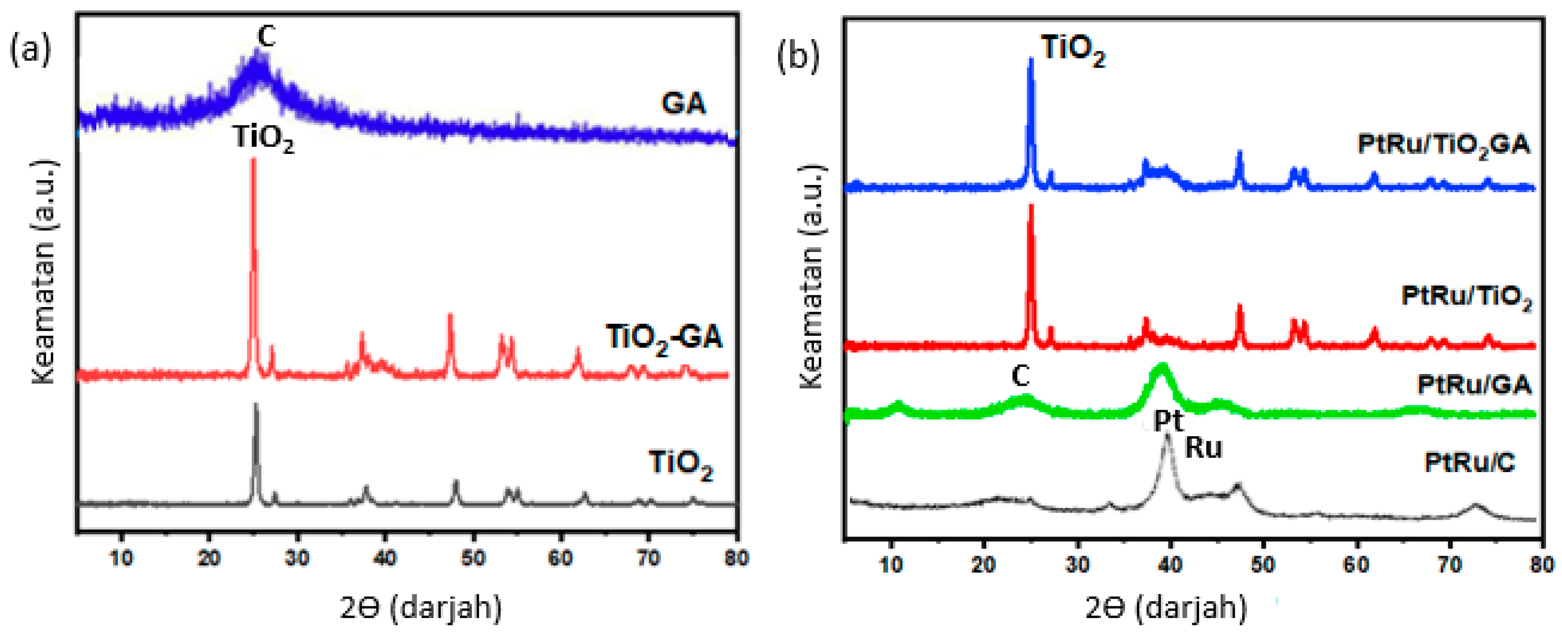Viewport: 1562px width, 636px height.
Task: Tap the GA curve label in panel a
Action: (683, 103)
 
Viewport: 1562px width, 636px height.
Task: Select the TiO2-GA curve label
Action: (664, 338)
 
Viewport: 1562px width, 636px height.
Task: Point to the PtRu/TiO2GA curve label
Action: (1443, 145)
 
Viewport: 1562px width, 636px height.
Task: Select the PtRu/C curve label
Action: (1469, 463)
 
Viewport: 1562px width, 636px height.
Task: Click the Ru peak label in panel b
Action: (1204, 448)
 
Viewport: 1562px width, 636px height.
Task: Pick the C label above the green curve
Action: (1020, 376)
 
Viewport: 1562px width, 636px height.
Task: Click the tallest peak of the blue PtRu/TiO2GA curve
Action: (1031, 59)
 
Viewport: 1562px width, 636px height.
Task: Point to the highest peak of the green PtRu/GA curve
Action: (1162, 365)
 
